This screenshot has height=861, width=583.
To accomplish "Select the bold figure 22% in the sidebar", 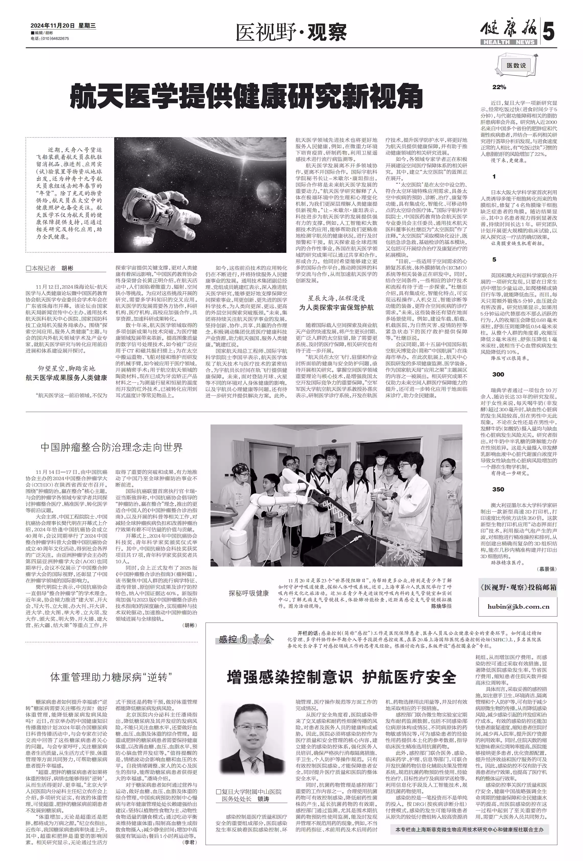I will click(499, 87).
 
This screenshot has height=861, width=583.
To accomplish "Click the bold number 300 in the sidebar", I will click(498, 374).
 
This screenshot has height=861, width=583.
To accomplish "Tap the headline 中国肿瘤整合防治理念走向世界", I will click(112, 447).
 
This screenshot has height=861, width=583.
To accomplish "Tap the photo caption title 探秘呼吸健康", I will click(248, 593).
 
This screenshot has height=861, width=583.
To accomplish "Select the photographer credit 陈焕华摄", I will click(441, 606).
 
